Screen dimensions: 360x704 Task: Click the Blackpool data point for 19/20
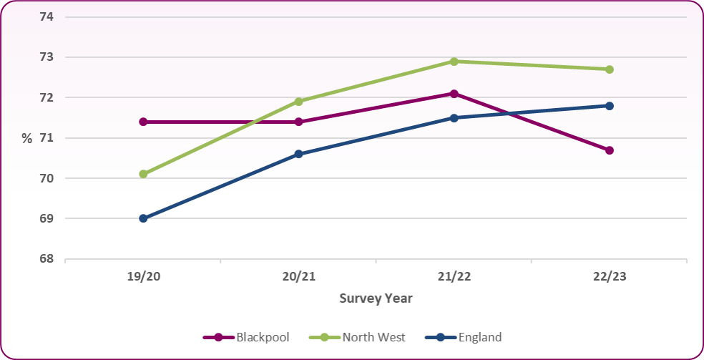coord(143,122)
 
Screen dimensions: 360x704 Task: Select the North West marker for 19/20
coord(143,174)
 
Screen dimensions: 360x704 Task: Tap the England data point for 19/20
coord(143,218)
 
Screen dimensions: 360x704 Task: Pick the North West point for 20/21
coord(298,102)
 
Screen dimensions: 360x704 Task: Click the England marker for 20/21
coord(298,154)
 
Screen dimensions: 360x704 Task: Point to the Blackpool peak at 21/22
coord(454,94)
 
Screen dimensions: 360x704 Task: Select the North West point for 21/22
coord(454,62)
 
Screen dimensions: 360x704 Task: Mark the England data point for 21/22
coord(454,117)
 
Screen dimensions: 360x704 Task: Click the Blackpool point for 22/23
coord(610,150)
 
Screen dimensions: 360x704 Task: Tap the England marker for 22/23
coord(610,106)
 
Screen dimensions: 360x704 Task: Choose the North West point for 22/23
coord(610,69)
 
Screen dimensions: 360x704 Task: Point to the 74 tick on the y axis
coord(47,16)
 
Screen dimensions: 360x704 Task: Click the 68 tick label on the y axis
coord(47,259)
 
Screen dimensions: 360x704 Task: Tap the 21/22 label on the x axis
coord(454,277)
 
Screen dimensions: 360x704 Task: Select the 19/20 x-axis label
coord(143,277)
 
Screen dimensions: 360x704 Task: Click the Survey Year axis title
coord(376,298)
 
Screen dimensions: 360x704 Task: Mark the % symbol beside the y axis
coord(27,139)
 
